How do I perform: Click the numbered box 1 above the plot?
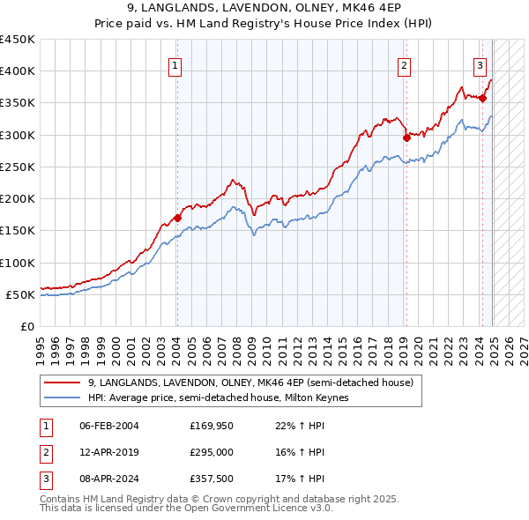coord(175,64)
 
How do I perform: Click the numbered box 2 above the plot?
coord(404,64)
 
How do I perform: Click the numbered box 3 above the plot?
coord(480,64)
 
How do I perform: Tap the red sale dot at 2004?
coord(177,218)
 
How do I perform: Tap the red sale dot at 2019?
coord(406,137)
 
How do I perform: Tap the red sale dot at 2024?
coord(482,98)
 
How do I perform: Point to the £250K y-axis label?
coord(18,167)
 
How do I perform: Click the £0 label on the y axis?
coord(26,326)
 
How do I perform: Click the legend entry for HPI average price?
coord(218,398)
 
